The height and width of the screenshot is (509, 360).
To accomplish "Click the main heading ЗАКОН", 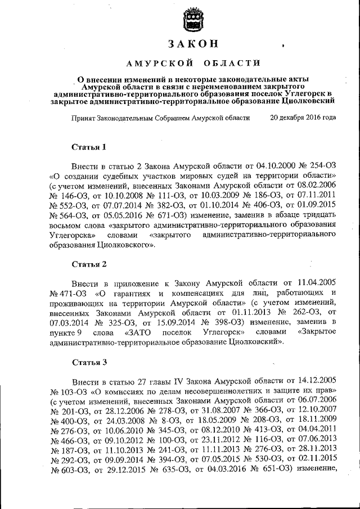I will click(193, 44).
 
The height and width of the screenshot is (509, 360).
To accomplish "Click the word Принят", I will click(83, 119).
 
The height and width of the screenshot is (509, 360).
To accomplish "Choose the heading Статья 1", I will click(89, 147).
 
